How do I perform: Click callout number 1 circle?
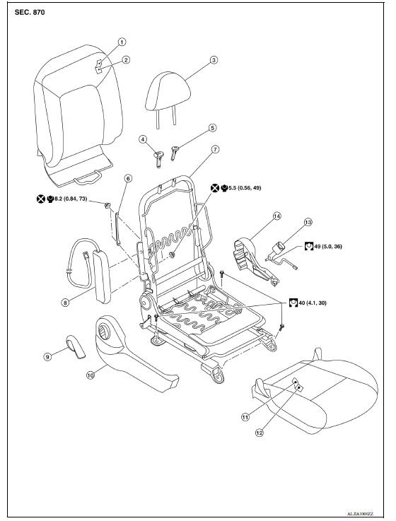121,42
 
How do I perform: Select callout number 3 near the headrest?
214,60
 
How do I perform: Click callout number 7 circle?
216,151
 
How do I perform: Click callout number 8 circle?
64,302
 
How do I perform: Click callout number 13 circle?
308,222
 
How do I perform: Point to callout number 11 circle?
245,417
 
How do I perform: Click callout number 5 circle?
211,128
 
